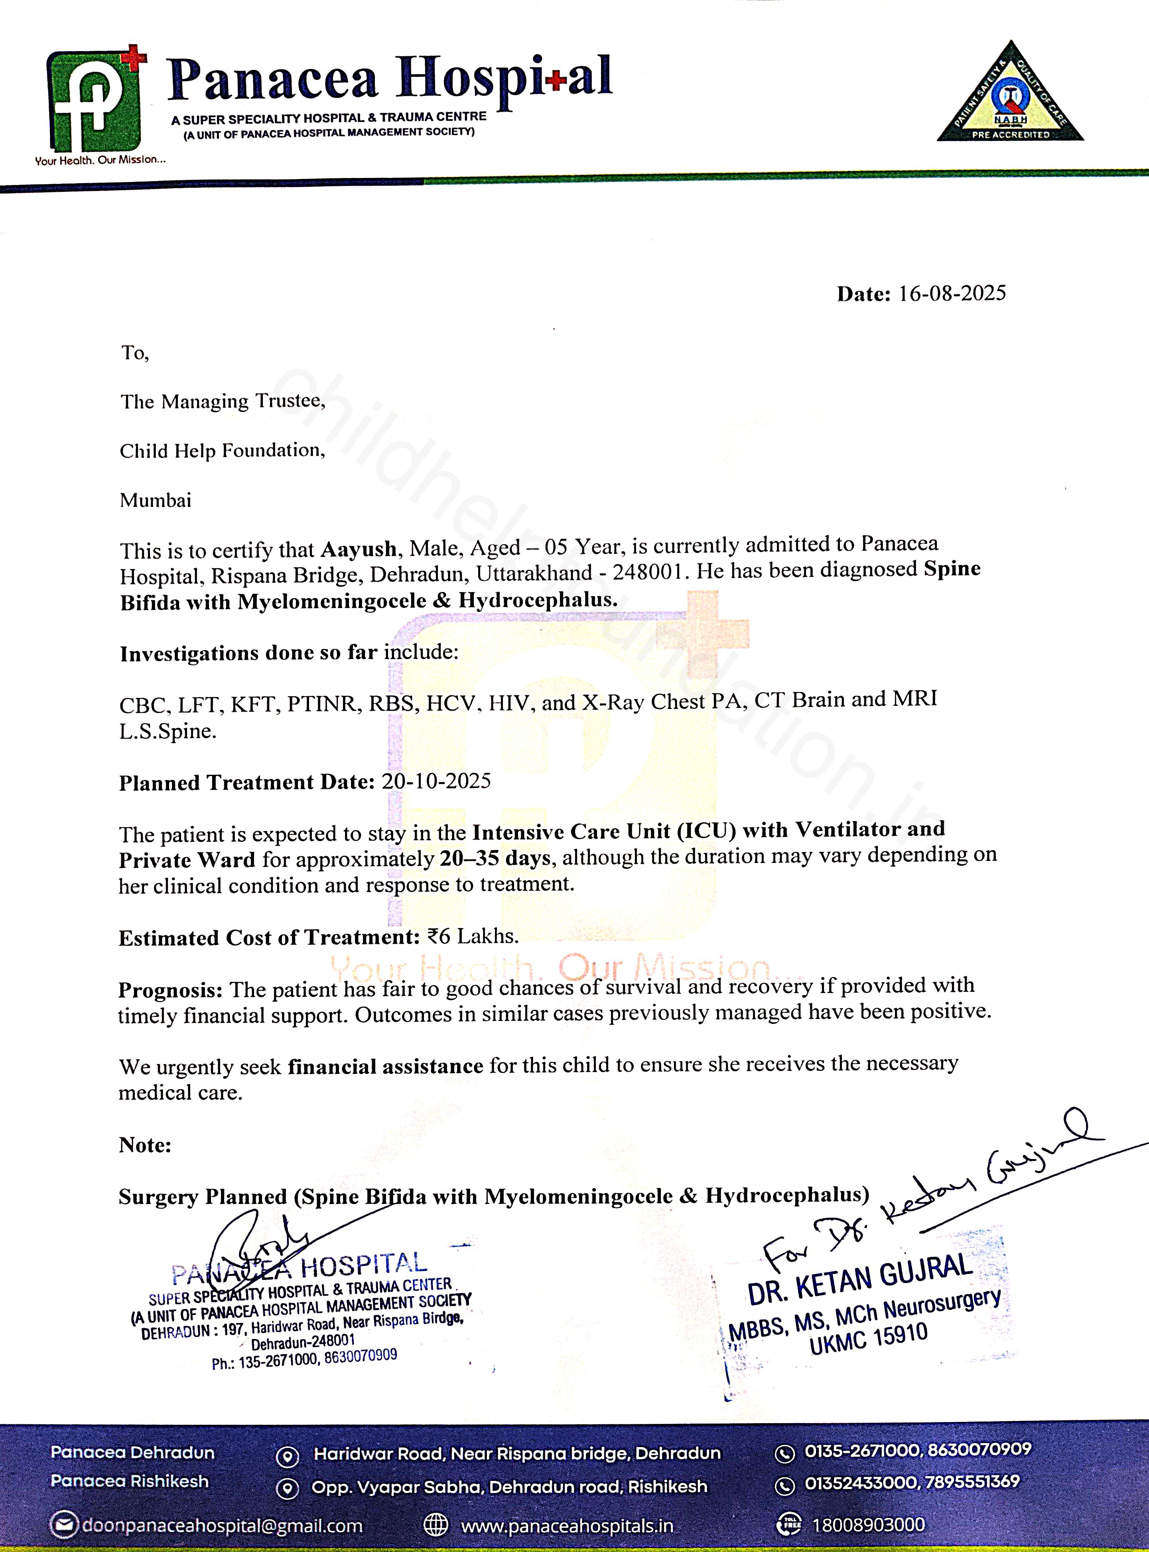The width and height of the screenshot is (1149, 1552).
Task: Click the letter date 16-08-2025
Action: tap(952, 293)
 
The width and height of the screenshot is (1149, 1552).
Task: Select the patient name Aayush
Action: tap(358, 549)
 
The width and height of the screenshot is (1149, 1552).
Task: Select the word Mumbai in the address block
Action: tap(155, 500)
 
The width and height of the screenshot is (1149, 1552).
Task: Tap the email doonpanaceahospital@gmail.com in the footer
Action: tap(222, 1526)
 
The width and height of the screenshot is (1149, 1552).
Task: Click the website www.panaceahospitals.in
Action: tap(567, 1526)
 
